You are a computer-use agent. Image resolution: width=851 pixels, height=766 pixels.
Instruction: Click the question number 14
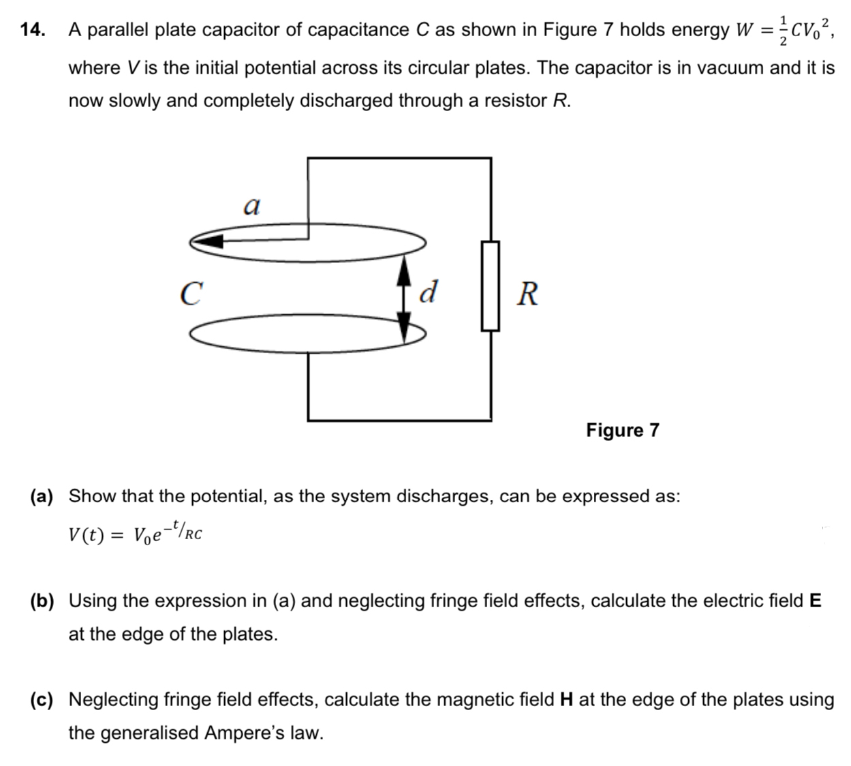(32, 29)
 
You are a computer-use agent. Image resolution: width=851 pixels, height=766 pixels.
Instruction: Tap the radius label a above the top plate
(251, 204)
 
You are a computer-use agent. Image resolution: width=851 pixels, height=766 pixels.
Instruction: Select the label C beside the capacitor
(191, 293)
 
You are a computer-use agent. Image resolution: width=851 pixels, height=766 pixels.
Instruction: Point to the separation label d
(429, 292)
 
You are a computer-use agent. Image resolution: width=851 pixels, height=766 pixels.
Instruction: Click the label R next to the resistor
(527, 294)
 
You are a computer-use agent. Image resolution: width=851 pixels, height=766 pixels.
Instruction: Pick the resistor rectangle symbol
(491, 286)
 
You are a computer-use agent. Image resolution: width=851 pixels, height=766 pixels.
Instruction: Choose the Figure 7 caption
(623, 430)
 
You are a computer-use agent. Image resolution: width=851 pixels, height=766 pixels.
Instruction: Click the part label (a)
(42, 495)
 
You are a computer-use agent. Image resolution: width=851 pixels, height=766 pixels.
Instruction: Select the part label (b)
(42, 600)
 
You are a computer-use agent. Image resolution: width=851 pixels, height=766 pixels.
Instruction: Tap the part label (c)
(42, 699)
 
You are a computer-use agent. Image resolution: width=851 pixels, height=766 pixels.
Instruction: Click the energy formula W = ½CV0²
(784, 30)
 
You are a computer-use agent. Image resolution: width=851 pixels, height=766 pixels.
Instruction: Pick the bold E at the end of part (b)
(815, 600)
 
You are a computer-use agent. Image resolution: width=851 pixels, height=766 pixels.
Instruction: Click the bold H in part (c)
(566, 699)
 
